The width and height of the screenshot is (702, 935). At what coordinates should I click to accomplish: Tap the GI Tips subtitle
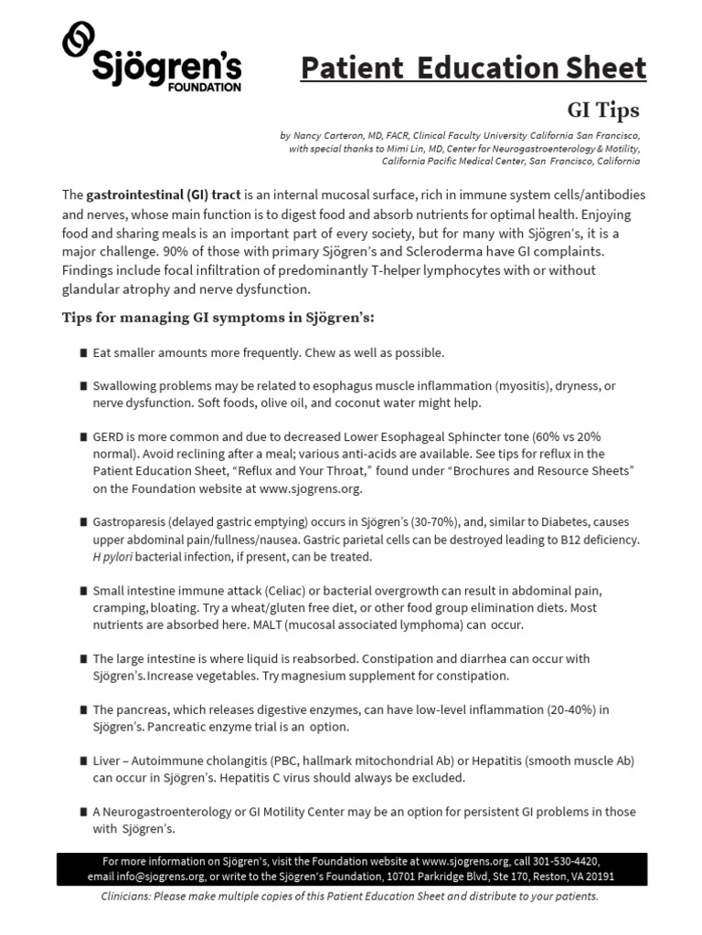click(603, 110)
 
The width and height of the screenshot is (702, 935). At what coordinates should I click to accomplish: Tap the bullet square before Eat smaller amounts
click(83, 352)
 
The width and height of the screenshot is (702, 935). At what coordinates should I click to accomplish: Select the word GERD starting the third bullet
click(109, 436)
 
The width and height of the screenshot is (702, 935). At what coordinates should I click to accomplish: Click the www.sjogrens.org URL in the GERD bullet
click(311, 489)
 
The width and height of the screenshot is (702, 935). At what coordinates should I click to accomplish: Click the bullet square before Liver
click(83, 761)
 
